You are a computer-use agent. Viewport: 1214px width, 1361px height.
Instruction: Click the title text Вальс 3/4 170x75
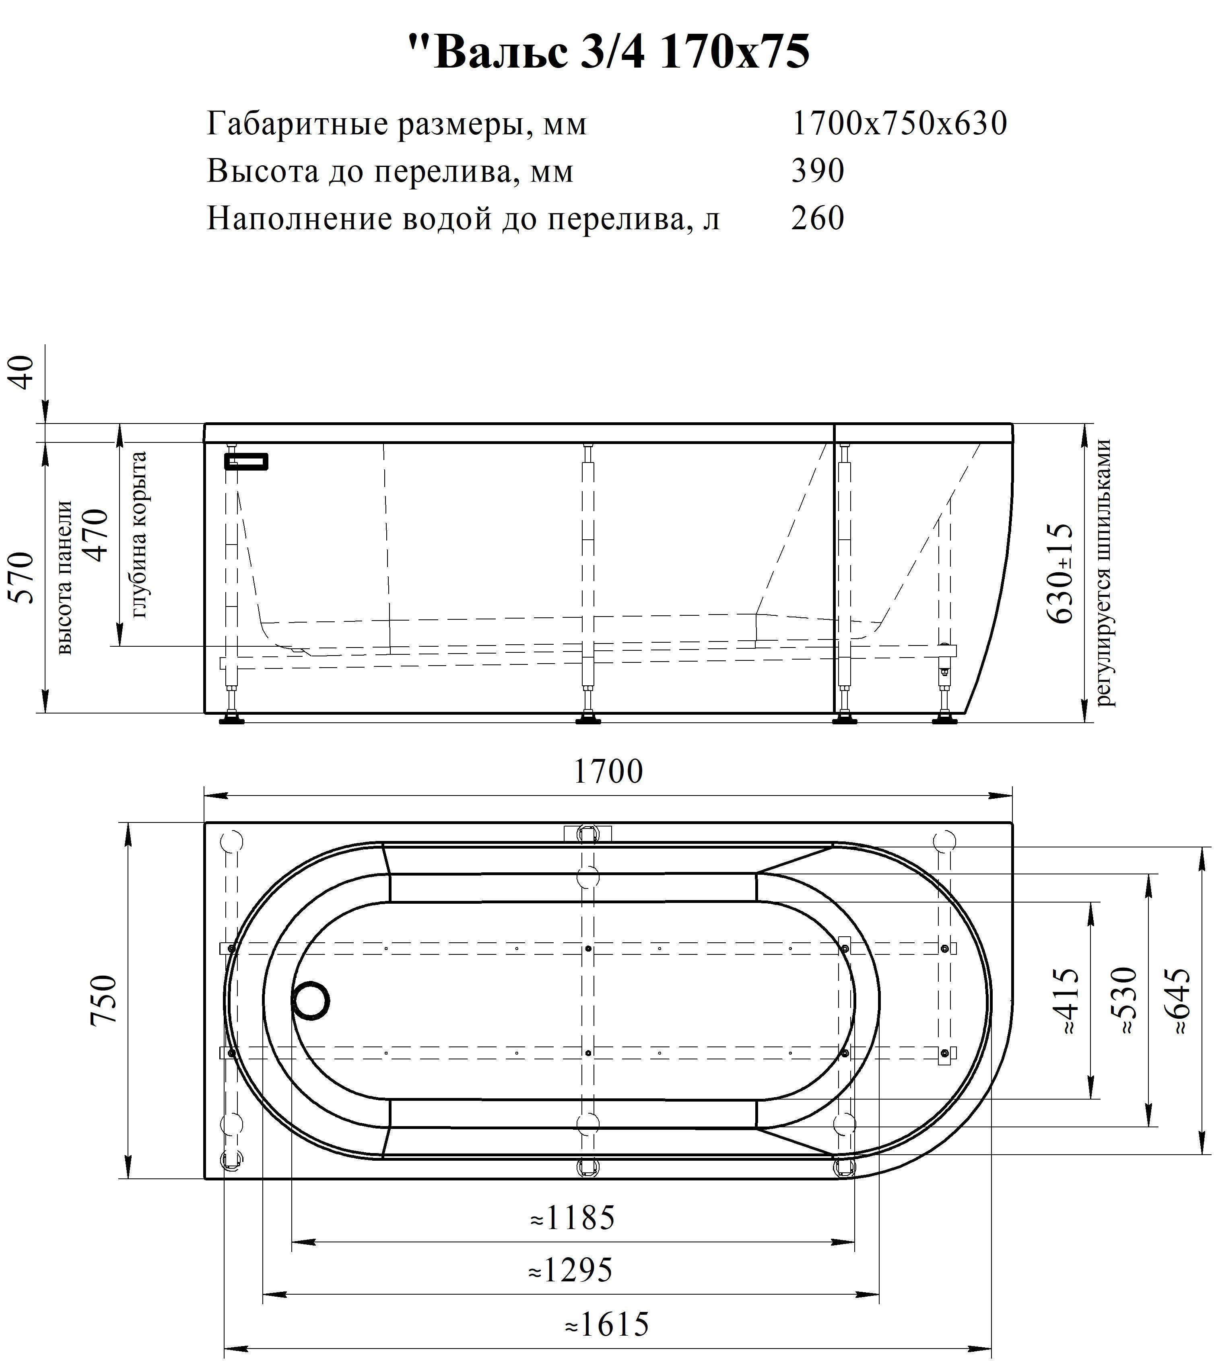pyautogui.click(x=608, y=52)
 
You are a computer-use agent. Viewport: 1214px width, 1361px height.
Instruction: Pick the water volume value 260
pyautogui.click(x=818, y=218)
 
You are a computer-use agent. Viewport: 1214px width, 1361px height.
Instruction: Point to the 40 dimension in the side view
pyautogui.click(x=23, y=373)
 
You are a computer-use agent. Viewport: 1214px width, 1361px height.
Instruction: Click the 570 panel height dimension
pyautogui.click(x=23, y=578)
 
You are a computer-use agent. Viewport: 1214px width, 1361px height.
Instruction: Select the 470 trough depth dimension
pyautogui.click(x=96, y=535)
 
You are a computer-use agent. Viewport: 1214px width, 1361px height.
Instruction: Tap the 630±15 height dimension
pyautogui.click(x=1061, y=574)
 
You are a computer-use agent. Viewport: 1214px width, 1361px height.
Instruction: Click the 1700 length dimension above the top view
pyautogui.click(x=608, y=771)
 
